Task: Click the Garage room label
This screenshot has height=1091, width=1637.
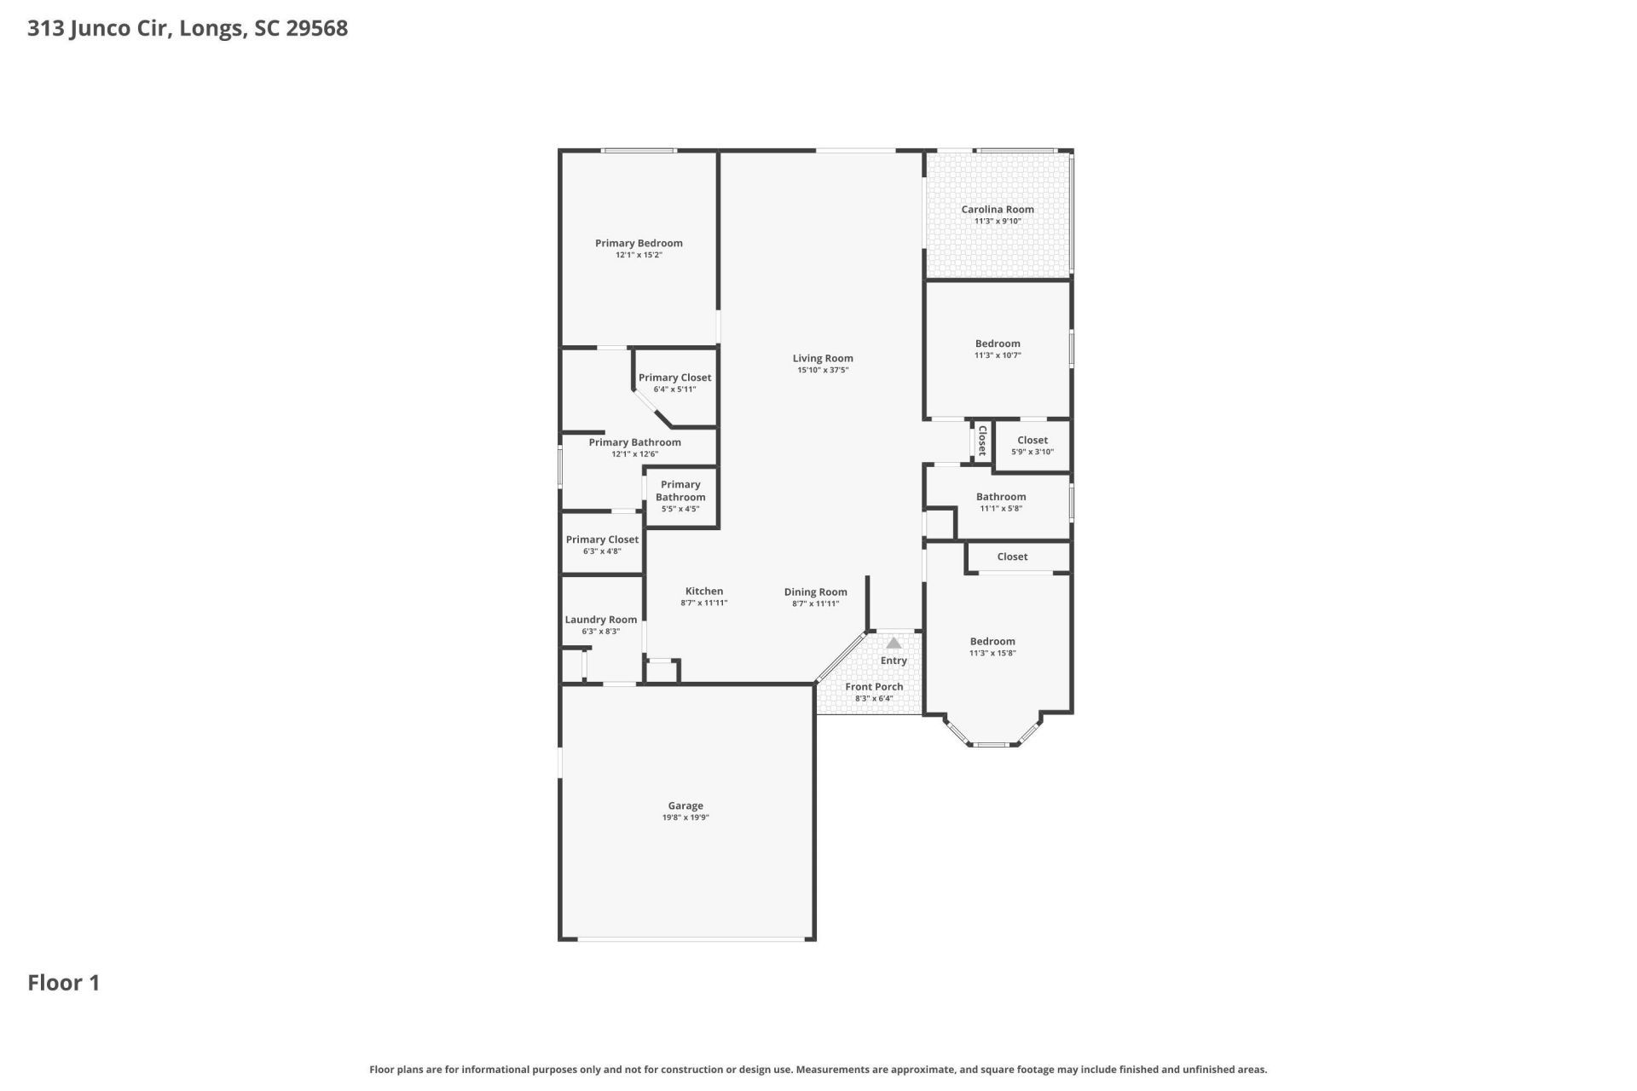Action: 685,805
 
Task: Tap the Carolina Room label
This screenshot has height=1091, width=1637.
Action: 998,209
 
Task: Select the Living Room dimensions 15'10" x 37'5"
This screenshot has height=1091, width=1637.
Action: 823,370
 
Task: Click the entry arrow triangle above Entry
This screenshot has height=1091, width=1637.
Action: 894,644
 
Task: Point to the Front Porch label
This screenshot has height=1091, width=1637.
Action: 874,687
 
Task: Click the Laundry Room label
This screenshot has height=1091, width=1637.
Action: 601,620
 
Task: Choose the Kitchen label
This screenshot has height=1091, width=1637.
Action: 704,591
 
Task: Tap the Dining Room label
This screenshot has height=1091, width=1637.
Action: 816,592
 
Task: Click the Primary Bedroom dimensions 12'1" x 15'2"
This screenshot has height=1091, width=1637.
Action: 639,255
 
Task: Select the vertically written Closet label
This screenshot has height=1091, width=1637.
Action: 982,441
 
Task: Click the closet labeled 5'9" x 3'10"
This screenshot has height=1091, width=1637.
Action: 1033,446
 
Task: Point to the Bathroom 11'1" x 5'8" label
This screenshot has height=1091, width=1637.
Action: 1001,502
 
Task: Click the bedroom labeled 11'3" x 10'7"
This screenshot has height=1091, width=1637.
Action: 998,349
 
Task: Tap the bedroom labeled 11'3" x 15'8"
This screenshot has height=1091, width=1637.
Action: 992,647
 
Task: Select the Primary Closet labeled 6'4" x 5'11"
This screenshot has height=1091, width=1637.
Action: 675,383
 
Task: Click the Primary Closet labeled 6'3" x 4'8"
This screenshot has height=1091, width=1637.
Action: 602,545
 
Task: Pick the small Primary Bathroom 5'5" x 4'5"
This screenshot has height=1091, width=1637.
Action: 680,496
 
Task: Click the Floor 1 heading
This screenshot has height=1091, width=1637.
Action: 64,983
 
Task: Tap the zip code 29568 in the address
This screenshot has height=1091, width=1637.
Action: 316,28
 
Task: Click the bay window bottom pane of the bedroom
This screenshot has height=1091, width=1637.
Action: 992,745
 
